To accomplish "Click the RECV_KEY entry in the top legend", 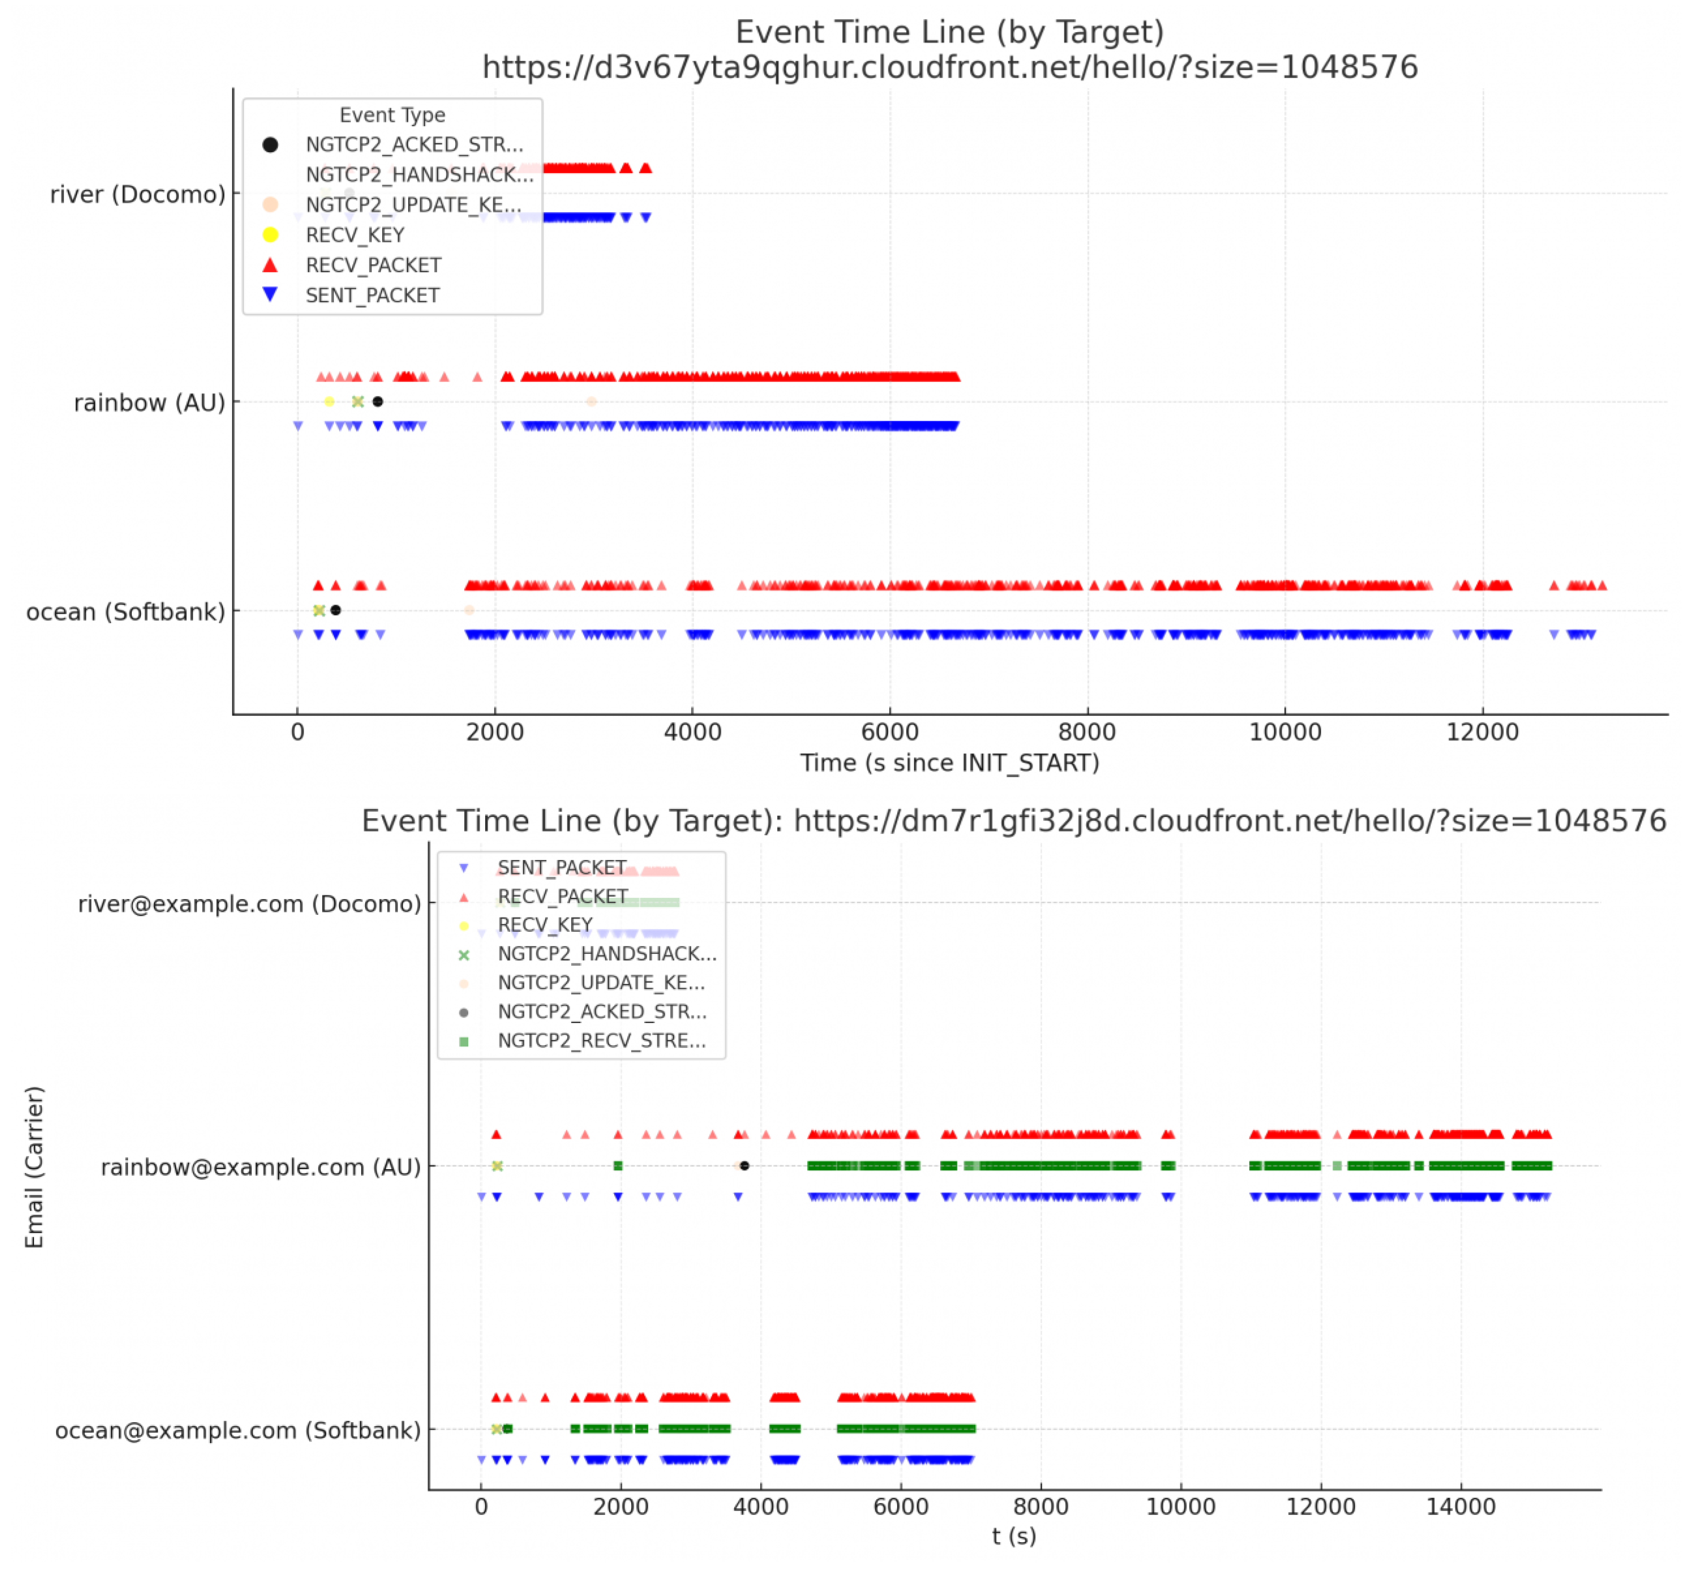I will pyautogui.click(x=355, y=235).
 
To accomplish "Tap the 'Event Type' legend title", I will pyautogui.click(x=392, y=115).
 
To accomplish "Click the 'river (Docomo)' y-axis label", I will pyautogui.click(x=138, y=195).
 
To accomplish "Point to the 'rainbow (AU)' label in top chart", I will pyautogui.click(x=149, y=403).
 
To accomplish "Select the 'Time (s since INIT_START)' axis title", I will pyautogui.click(x=949, y=763).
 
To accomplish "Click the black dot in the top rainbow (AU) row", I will pyautogui.click(x=378, y=401).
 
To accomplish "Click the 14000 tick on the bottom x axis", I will pyautogui.click(x=1461, y=1507).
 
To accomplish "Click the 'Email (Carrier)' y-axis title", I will pyautogui.click(x=34, y=1167).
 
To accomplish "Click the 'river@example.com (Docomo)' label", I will pyautogui.click(x=249, y=904).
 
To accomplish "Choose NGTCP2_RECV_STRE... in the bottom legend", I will pyautogui.click(x=601, y=1041).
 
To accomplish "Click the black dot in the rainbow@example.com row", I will pyautogui.click(x=744, y=1166).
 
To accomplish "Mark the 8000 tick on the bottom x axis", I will pyautogui.click(x=1041, y=1507).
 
